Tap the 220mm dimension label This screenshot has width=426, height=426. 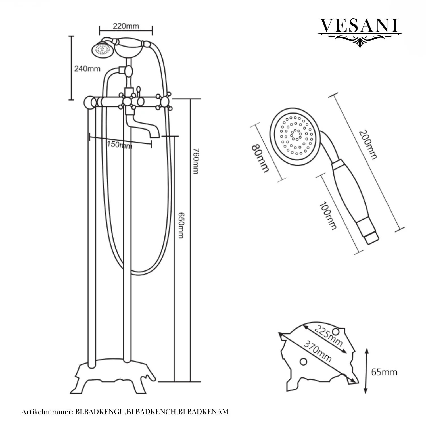click(126, 26)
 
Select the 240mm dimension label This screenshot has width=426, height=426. click(87, 68)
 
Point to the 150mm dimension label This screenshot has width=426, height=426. click(120, 145)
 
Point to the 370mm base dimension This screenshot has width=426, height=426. click(318, 352)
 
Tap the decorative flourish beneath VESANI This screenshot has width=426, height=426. click(360, 39)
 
